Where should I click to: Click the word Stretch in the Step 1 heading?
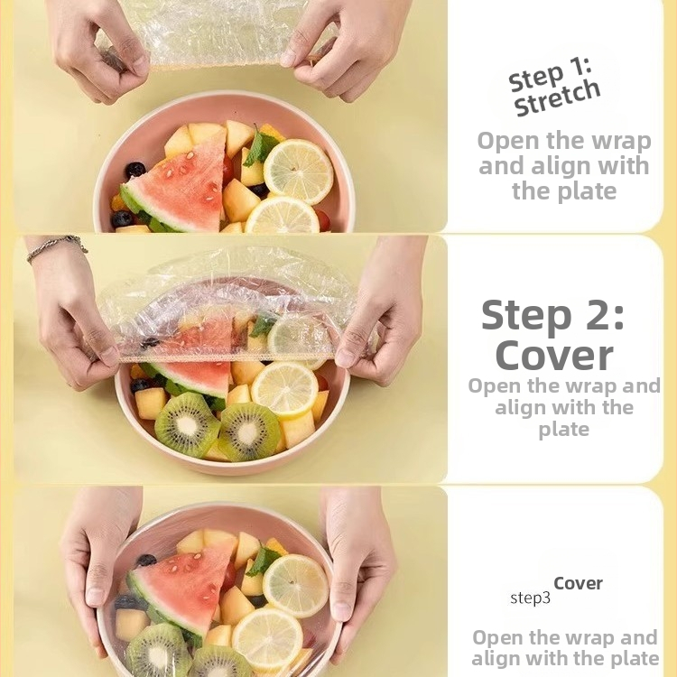558,98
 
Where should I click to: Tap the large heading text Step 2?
553,315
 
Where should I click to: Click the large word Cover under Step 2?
555,356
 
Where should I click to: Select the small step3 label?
530,598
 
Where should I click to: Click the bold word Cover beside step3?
578,583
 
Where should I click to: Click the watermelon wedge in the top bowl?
177,187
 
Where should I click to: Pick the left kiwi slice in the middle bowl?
188,424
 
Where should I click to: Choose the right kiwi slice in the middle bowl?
250,431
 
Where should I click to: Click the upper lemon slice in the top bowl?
299,172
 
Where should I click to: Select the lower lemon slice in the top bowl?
283,215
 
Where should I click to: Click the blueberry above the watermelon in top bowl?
135,170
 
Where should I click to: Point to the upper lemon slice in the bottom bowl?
296,586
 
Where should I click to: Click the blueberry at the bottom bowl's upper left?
146,561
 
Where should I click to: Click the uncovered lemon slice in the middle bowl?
284,389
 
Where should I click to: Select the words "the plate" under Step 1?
564,191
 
